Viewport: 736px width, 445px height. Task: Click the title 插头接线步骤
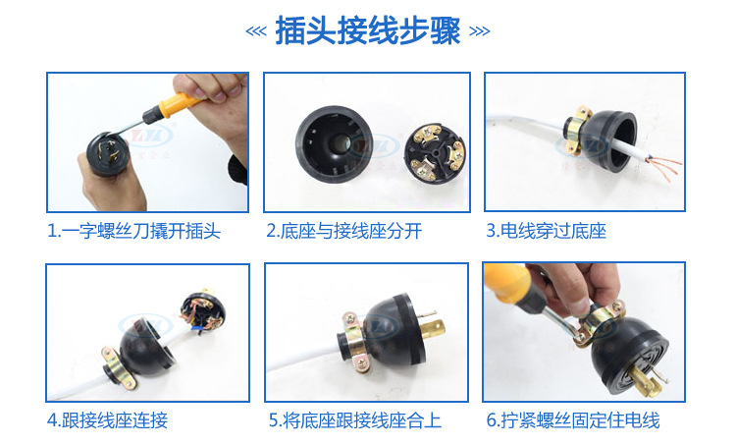tap(368, 31)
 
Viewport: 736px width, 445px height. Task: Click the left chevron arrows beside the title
tap(256, 31)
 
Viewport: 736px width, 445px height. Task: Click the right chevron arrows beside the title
tap(479, 31)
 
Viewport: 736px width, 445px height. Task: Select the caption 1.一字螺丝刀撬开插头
tap(133, 231)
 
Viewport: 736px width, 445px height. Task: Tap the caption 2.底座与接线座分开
tap(344, 231)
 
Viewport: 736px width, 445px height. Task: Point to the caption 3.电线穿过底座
tap(546, 231)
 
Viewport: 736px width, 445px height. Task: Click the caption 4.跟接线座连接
tap(108, 420)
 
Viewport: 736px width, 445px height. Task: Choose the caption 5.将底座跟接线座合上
tap(355, 420)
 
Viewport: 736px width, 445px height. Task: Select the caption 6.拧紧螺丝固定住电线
tap(573, 420)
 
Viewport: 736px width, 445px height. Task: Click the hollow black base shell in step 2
tap(335, 143)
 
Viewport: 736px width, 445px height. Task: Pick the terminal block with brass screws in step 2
tap(436, 153)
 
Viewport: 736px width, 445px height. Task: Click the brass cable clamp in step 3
tap(575, 130)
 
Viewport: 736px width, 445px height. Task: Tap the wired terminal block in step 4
tap(203, 311)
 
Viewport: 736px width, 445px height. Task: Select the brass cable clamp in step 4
tap(119, 367)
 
